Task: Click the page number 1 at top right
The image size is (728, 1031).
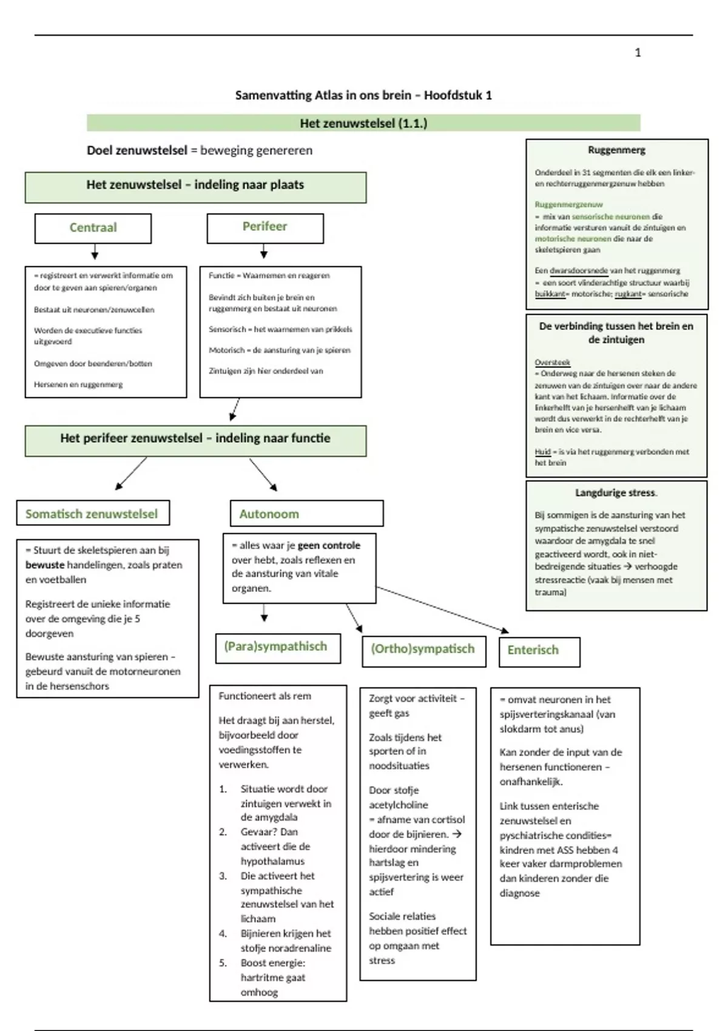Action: pyautogui.click(x=638, y=53)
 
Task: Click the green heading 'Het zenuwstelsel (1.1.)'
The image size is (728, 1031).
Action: pyautogui.click(x=363, y=123)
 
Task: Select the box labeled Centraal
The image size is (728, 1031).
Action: pyautogui.click(x=93, y=228)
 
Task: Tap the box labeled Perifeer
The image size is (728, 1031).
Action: pyautogui.click(x=265, y=227)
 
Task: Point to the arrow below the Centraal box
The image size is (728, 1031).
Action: pyautogui.click(x=95, y=252)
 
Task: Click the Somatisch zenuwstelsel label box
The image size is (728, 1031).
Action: pyautogui.click(x=92, y=514)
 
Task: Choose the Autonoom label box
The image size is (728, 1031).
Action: pyautogui.click(x=306, y=514)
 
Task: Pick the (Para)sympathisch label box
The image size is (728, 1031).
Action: pyautogui.click(x=277, y=647)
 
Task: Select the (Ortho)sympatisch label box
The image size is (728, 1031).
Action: pyautogui.click(x=423, y=650)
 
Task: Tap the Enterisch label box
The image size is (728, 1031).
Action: pyautogui.click(x=539, y=651)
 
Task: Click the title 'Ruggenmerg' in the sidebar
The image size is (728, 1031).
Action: pyautogui.click(x=616, y=150)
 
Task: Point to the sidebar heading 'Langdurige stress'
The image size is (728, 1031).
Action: pyautogui.click(x=616, y=493)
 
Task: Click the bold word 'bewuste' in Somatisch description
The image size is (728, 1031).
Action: pyautogui.click(x=44, y=565)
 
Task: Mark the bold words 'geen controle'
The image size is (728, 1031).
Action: pyautogui.click(x=329, y=546)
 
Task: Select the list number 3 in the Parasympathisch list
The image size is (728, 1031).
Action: pyautogui.click(x=223, y=876)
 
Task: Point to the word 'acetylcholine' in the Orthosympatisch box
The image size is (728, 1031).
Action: pyautogui.click(x=399, y=805)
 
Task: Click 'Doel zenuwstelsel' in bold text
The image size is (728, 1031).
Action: pyautogui.click(x=136, y=150)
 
